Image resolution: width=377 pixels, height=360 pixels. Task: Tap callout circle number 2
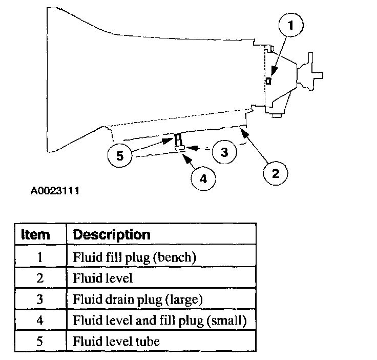pos(276,173)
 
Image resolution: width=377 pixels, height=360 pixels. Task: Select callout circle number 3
pos(224,152)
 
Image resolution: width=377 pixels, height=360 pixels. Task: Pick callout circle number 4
pos(203,178)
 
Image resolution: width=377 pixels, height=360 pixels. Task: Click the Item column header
pos(35,235)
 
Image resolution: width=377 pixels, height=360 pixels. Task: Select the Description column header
pos(112,235)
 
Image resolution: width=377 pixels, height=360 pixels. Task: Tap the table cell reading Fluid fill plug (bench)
pos(135,257)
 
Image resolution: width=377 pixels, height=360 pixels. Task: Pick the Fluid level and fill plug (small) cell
pos(160,320)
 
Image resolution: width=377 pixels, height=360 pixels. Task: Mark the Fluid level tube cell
pos(116,341)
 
